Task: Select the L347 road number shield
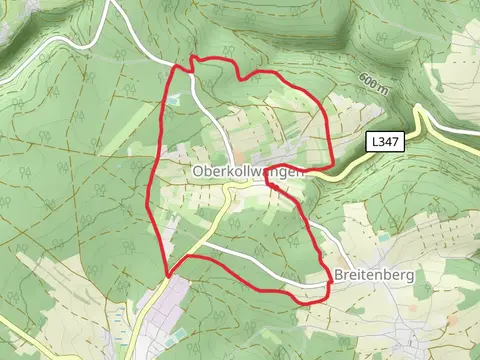point(384,142)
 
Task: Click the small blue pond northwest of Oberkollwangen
point(176,98)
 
